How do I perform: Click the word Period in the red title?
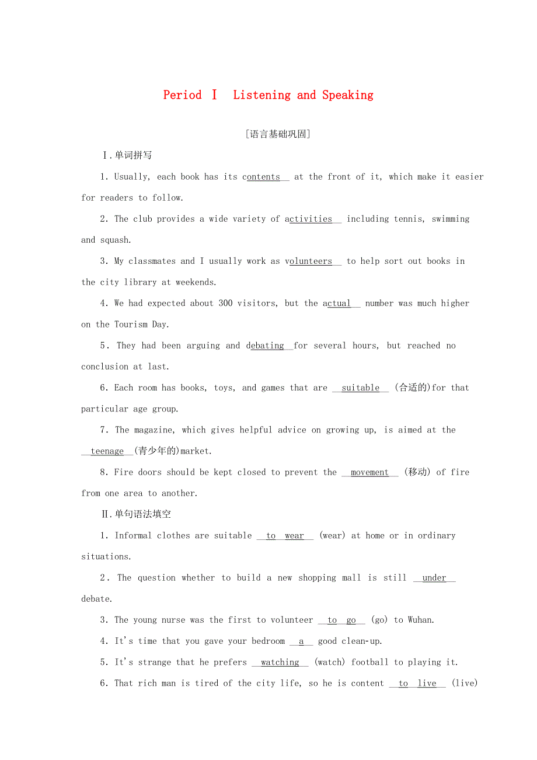click(182, 95)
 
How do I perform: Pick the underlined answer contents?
click(261, 177)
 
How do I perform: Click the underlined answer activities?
click(309, 219)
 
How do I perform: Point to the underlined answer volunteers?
click(309, 262)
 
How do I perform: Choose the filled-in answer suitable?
click(360, 388)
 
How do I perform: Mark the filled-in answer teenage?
click(107, 451)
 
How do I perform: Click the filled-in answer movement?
click(369, 472)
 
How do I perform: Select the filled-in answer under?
click(434, 578)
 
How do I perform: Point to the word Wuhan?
click(420, 620)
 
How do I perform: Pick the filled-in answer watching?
click(280, 662)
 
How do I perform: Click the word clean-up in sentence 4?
click(361, 641)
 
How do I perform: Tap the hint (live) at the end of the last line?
click(465, 683)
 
